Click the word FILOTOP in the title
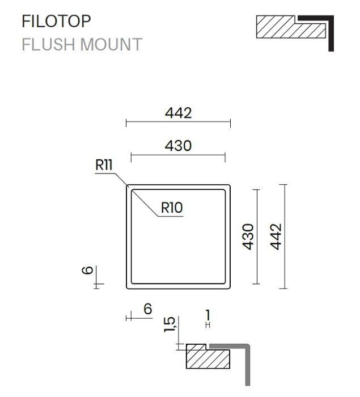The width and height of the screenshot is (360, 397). pos(56,22)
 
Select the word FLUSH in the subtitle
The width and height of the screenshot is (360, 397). pos(49,45)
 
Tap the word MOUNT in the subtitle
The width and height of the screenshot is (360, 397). pos(111,45)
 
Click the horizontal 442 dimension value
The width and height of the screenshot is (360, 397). pos(178,113)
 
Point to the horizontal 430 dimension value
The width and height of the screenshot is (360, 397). pos(178,146)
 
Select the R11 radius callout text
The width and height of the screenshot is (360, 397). pos(104,165)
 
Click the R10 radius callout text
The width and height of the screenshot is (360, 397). pos(172,208)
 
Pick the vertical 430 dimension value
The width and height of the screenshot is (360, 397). pos(248,236)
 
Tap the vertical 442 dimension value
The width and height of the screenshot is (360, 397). pos(276,236)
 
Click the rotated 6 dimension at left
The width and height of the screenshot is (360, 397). pos(88,270)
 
